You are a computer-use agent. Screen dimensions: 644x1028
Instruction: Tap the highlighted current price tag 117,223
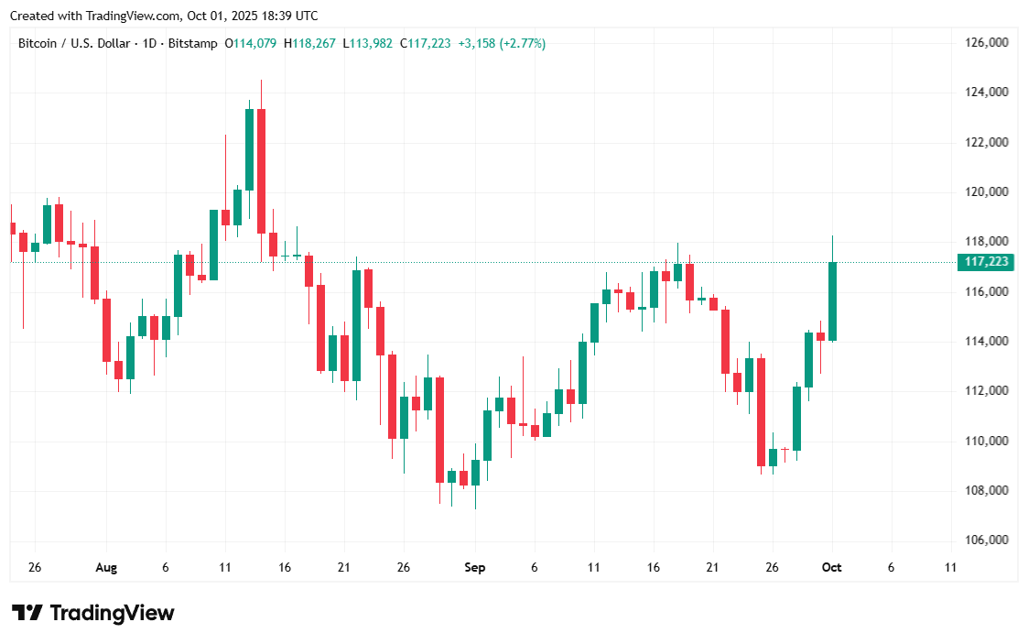[x=987, y=263]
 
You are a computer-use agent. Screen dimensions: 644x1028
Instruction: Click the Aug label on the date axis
[x=106, y=568]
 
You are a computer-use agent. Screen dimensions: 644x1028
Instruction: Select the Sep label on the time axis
[x=474, y=568]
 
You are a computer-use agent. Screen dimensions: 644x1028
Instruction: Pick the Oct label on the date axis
[x=831, y=568]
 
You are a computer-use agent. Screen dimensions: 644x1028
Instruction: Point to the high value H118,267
[x=310, y=43]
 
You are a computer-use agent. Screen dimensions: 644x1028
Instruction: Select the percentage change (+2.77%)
[x=522, y=43]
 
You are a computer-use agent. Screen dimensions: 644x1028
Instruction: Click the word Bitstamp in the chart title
[x=193, y=43]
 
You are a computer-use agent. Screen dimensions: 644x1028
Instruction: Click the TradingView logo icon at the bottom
[x=27, y=613]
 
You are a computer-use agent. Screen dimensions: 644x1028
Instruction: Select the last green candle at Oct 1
[x=833, y=301]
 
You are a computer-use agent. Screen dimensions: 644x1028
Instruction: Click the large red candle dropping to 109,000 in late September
[x=761, y=412]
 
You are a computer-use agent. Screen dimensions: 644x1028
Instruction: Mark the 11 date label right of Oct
[x=950, y=568]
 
